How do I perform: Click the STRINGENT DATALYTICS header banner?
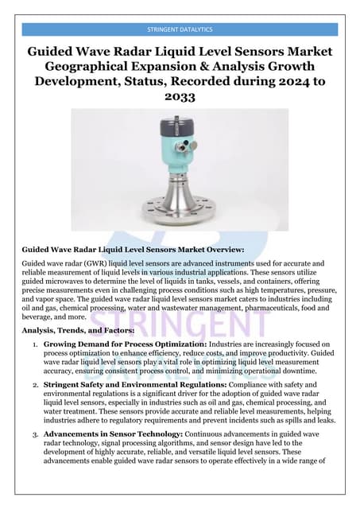[x=180, y=29]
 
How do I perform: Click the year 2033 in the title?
[x=180, y=96]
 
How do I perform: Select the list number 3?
[x=35, y=433]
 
